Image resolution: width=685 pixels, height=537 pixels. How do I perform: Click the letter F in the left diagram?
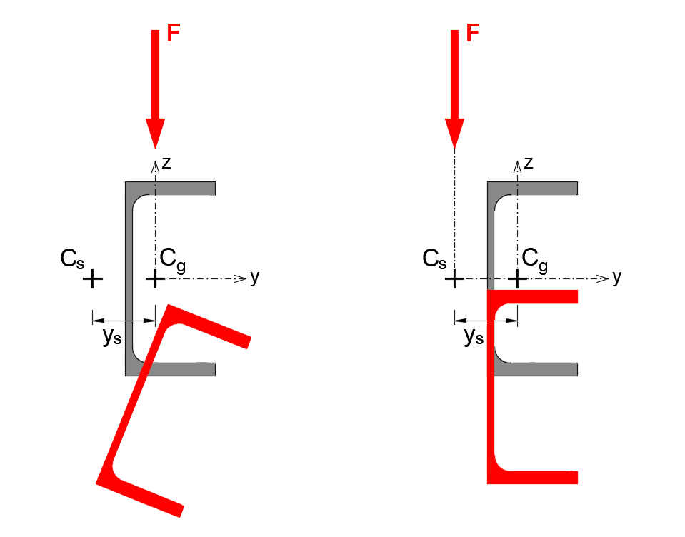[x=173, y=34]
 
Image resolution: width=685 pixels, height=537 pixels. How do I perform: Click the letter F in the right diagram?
[x=472, y=34]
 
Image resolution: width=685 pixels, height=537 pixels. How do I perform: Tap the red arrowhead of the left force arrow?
[x=155, y=131]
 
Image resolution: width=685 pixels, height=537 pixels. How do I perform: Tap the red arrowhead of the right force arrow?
[x=454, y=131]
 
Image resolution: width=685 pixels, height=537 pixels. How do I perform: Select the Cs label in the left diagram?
[x=72, y=258]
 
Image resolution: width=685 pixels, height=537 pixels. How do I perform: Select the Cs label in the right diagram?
[x=434, y=258]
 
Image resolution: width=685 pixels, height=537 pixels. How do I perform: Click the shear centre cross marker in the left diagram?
[x=92, y=278]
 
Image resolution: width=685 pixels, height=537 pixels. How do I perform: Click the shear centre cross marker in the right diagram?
[x=454, y=278]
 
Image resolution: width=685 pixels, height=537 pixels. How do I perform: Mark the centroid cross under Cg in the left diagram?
[x=155, y=278]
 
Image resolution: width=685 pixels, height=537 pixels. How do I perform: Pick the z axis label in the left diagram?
[x=166, y=163]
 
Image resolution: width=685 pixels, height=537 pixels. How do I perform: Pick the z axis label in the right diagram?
[x=529, y=163]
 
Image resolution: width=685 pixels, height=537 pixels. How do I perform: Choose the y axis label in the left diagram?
[x=254, y=277]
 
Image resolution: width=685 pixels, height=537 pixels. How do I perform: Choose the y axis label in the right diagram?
[x=616, y=277]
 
